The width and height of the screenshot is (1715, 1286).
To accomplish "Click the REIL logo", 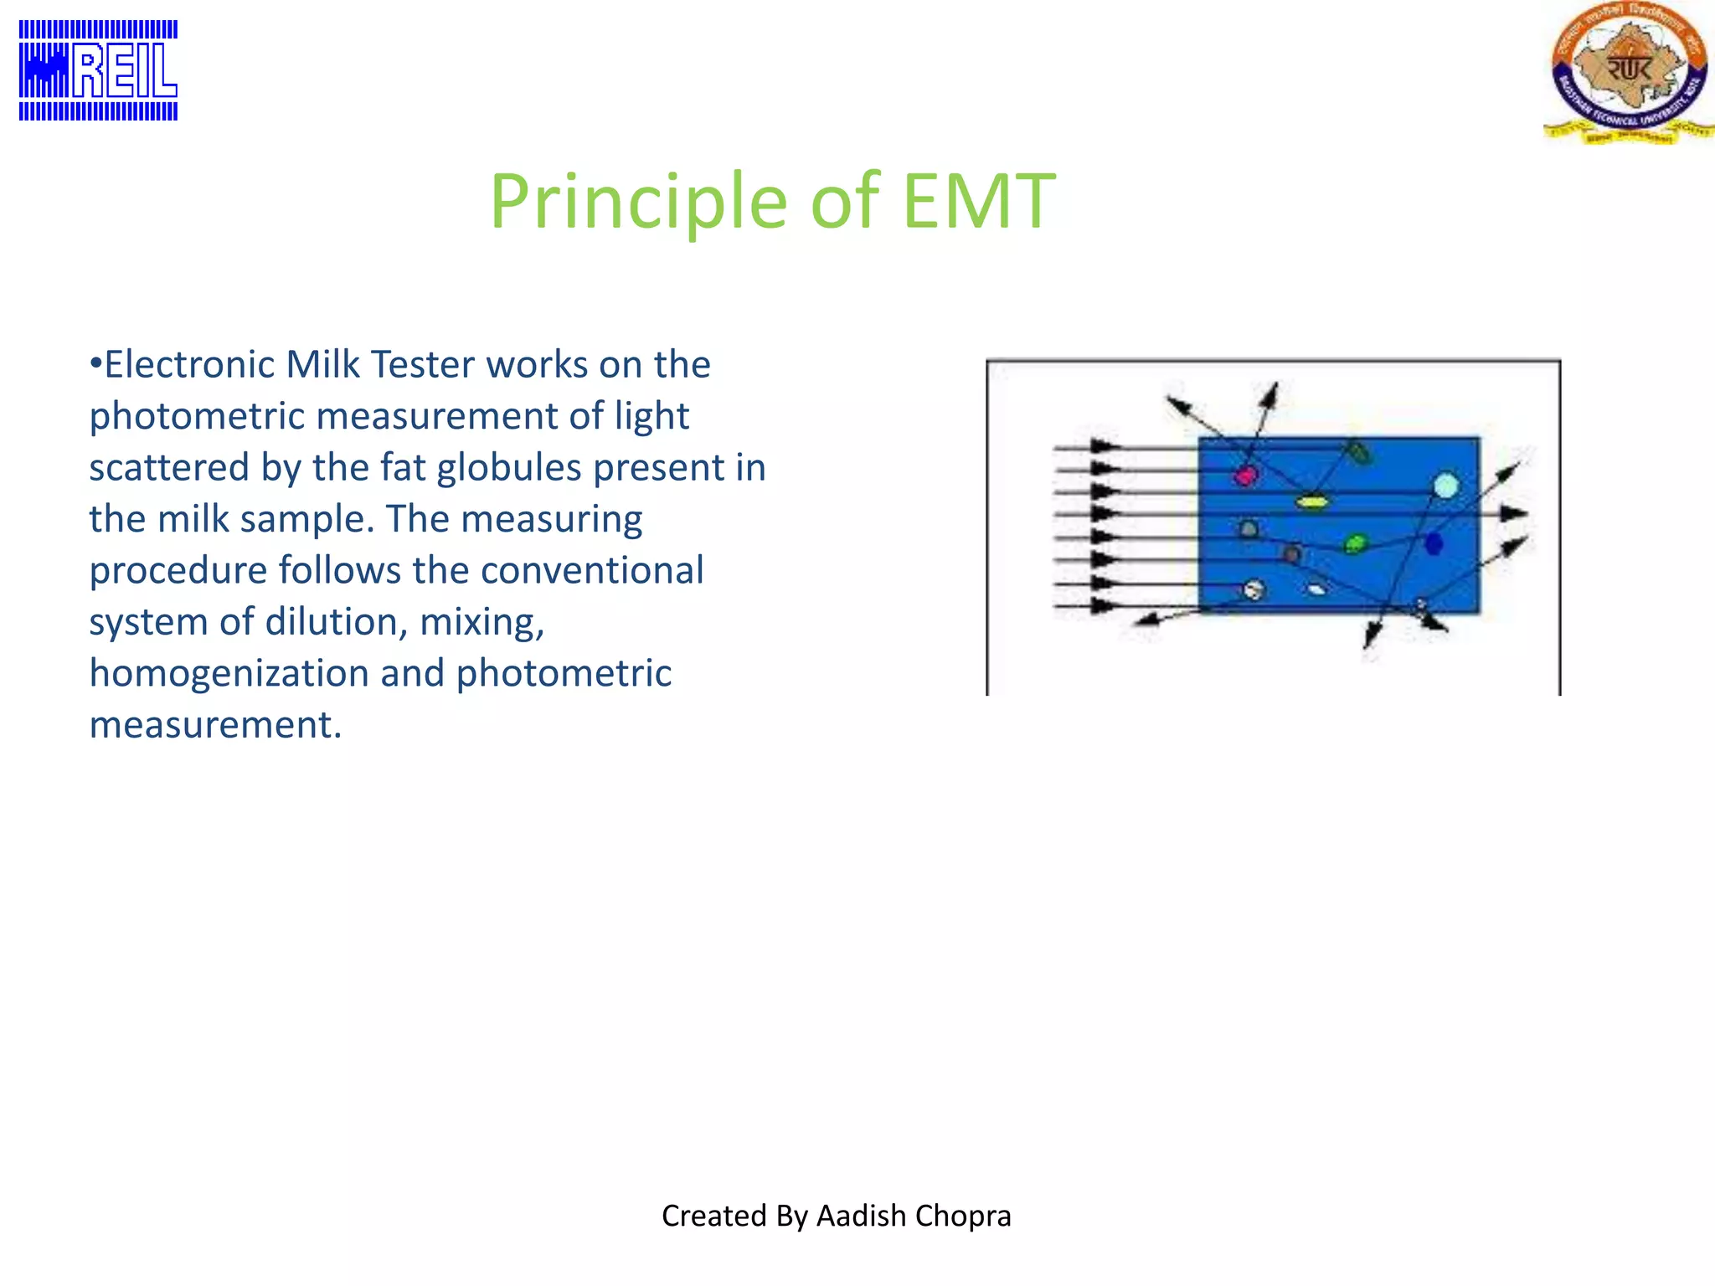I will coord(98,70).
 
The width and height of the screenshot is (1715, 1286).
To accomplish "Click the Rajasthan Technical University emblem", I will coord(1628,73).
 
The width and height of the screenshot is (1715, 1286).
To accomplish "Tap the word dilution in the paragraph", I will coord(336,622).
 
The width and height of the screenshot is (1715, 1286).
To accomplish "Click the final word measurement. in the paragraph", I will coord(215,725).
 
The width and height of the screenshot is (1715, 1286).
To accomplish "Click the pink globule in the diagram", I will coord(1246,476).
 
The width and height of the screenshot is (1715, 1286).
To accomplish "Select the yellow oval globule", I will coord(1311,502).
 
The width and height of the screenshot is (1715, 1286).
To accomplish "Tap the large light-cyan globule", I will coord(1446,486).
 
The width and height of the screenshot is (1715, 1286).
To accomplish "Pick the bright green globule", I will coord(1355,544).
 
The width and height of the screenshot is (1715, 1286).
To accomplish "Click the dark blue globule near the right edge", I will coord(1434,544).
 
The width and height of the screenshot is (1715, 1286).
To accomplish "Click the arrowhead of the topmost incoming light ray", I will coord(1105,446).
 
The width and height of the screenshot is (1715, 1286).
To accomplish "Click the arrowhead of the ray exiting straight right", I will coord(1516,513).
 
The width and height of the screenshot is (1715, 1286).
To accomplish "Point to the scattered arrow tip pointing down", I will coord(1369,640).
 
